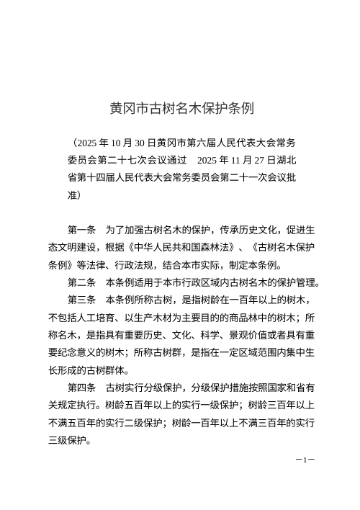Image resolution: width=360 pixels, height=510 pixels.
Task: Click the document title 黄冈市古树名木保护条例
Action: coord(180,109)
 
